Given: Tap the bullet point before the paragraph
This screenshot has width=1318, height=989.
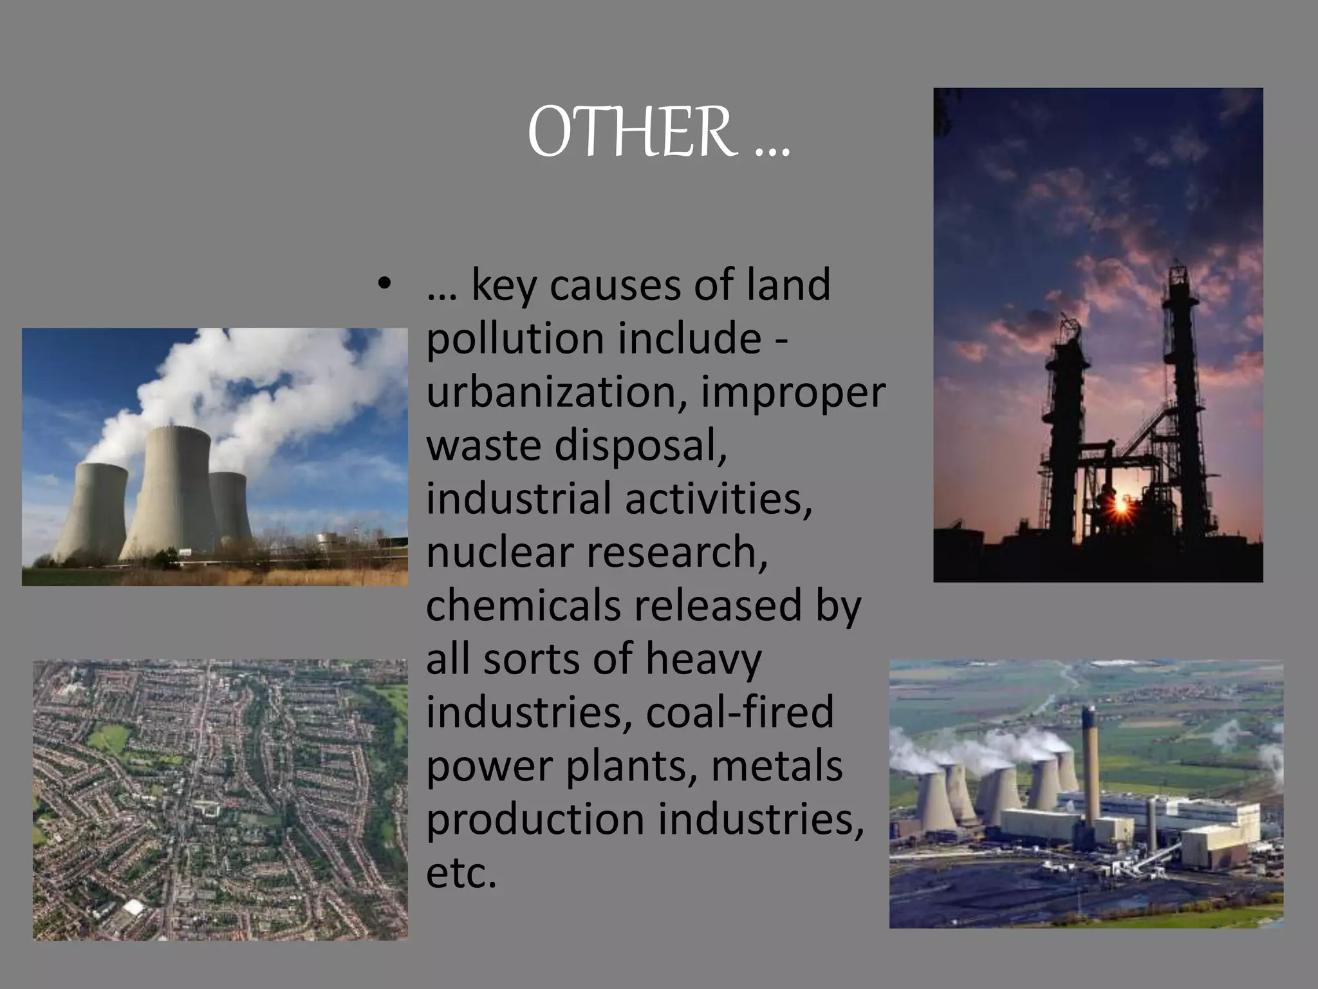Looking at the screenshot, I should (x=384, y=284).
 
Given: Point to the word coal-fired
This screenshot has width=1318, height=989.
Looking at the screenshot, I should (x=739, y=713).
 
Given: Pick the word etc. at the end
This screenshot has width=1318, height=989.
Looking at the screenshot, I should (x=461, y=873).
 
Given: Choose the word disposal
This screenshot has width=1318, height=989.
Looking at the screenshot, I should (x=640, y=446).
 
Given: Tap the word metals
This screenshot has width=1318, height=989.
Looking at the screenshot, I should (x=777, y=766).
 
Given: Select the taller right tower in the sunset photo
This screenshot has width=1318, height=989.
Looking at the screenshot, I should (x=1181, y=386).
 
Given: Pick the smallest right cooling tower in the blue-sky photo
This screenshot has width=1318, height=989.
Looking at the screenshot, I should (x=230, y=509).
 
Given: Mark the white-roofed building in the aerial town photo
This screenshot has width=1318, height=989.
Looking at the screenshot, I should (x=133, y=908).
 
